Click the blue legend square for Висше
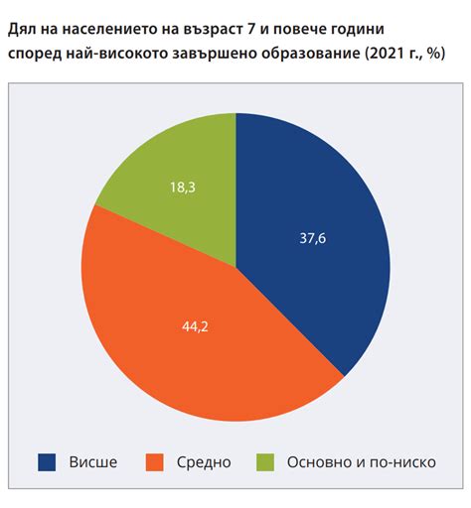click(x=47, y=461)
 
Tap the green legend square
click(x=264, y=461)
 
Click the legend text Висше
click(x=93, y=461)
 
